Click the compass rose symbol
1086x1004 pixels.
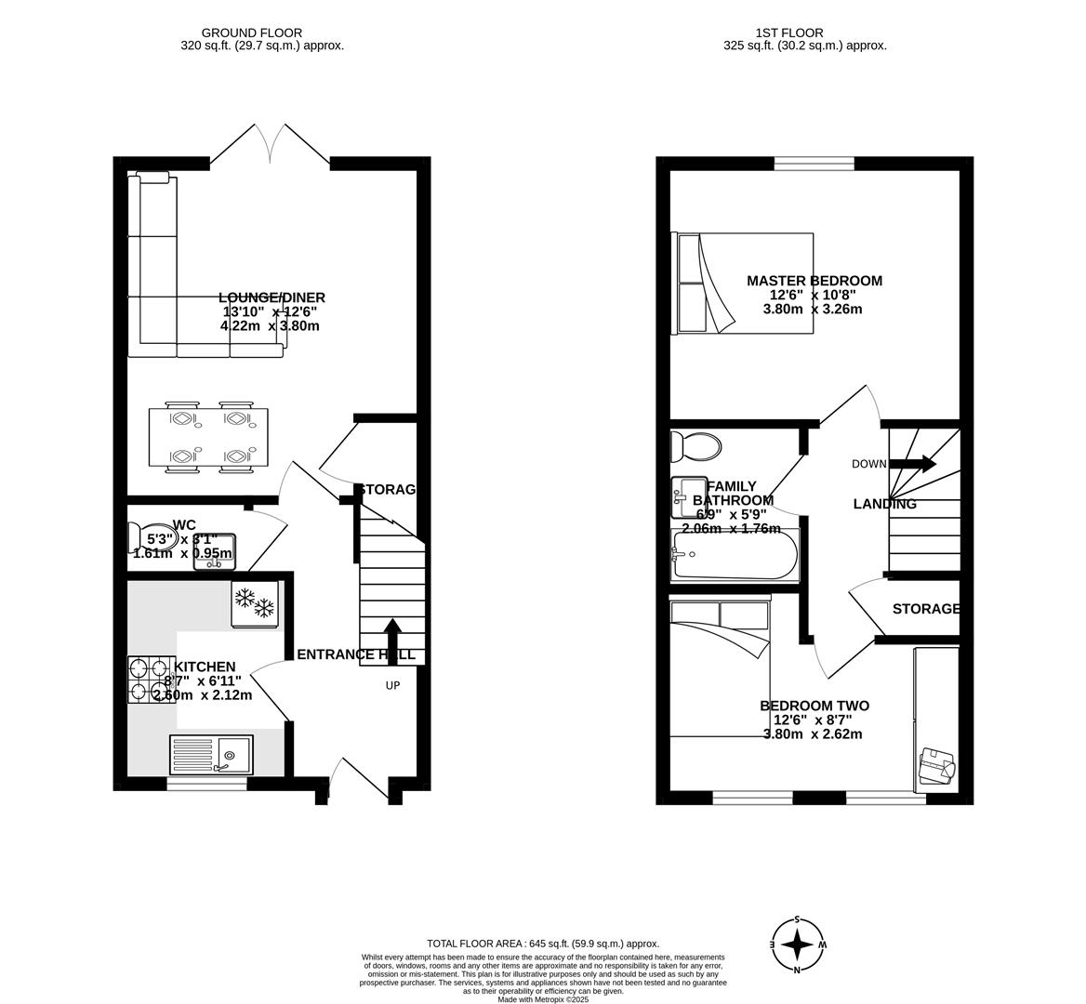click(796, 945)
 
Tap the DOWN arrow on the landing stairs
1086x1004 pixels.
click(915, 464)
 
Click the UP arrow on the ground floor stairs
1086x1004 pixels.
click(391, 640)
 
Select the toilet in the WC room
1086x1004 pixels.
click(143, 537)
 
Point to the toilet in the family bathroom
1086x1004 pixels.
click(695, 447)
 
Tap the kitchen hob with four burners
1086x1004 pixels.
click(151, 680)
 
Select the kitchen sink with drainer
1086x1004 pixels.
click(211, 753)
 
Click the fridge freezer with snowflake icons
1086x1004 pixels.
click(254, 604)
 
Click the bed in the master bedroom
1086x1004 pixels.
click(744, 283)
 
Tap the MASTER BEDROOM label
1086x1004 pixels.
click(814, 281)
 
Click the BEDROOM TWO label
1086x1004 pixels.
click(814, 706)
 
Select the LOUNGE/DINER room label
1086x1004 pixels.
click(271, 297)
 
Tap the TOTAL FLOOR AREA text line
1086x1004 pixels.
click(542, 943)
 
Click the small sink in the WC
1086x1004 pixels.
click(214, 551)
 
